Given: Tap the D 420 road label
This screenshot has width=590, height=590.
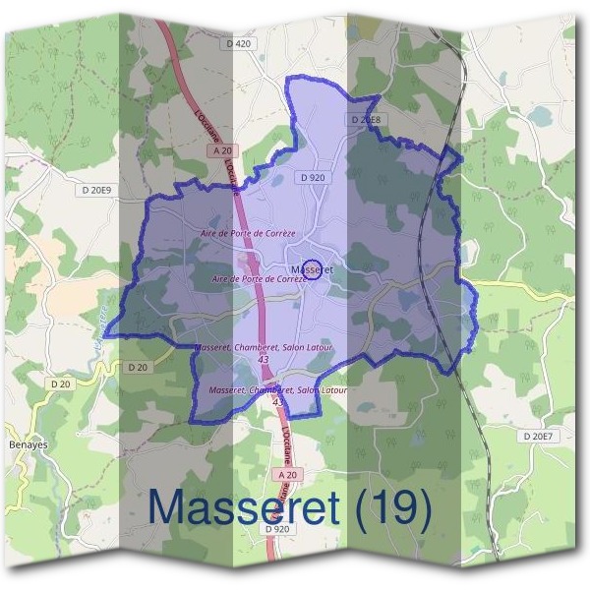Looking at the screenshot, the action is [x=239, y=44].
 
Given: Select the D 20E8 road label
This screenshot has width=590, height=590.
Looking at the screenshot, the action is [x=365, y=120].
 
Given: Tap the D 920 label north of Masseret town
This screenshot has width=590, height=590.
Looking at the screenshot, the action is [x=313, y=177].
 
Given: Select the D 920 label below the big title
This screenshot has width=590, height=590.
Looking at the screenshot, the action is [x=277, y=529].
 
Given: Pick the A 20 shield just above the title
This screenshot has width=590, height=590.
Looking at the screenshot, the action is [x=286, y=475].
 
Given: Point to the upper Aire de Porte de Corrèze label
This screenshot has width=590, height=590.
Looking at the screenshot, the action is [x=247, y=232].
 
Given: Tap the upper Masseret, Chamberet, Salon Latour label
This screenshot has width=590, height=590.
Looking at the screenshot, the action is [x=265, y=348].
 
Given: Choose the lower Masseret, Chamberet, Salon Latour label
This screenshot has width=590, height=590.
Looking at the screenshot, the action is [x=278, y=390].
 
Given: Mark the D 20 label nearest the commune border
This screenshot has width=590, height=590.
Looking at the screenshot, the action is [x=138, y=367].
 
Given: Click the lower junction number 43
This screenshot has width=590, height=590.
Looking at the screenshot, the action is [x=278, y=402].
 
